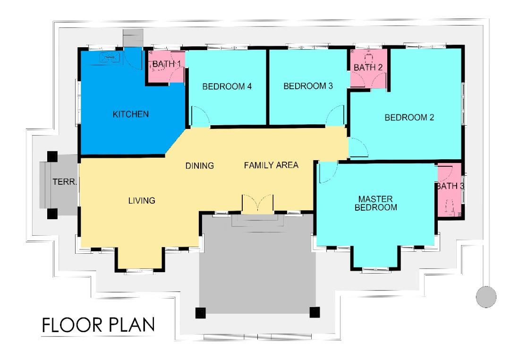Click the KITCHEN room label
tap(131, 114)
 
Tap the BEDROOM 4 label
tap(227, 86)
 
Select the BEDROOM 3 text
tap(308, 86)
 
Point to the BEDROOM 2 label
tap(409, 117)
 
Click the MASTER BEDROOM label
tap(376, 203)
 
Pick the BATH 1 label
tap(167, 64)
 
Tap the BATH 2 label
tap(368, 68)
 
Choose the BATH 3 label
tap(450, 186)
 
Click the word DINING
tap(200, 166)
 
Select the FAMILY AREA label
tap(271, 165)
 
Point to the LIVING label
tap(142, 200)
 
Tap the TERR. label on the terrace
tap(65, 181)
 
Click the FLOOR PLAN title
tap(98, 325)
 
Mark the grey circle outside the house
tap(486, 297)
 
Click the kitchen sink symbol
tap(110, 58)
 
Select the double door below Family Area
tap(258, 204)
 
